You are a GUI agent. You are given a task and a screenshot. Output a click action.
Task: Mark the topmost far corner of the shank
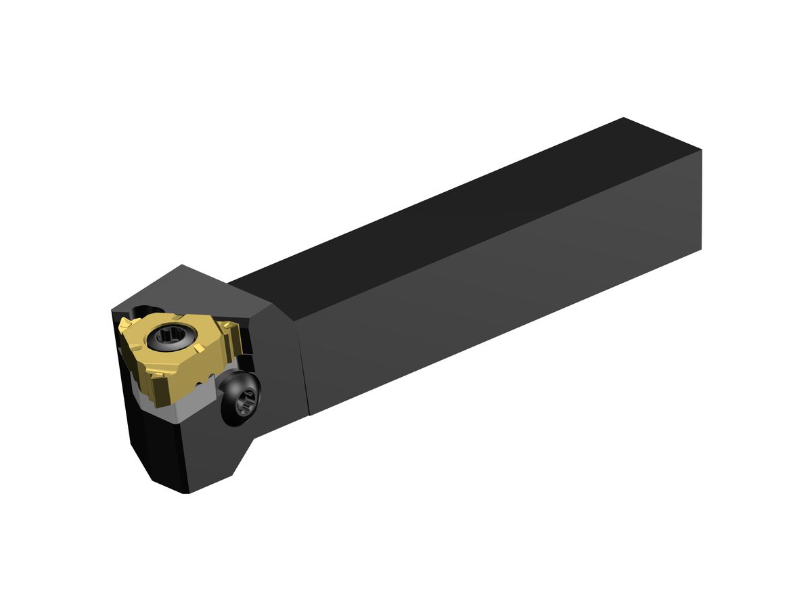[x=623, y=118]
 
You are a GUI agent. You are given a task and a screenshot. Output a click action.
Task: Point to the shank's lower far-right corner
[x=701, y=249]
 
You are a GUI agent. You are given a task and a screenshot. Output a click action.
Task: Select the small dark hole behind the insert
[x=139, y=311]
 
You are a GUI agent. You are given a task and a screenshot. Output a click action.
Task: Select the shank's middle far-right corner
[x=701, y=150]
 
